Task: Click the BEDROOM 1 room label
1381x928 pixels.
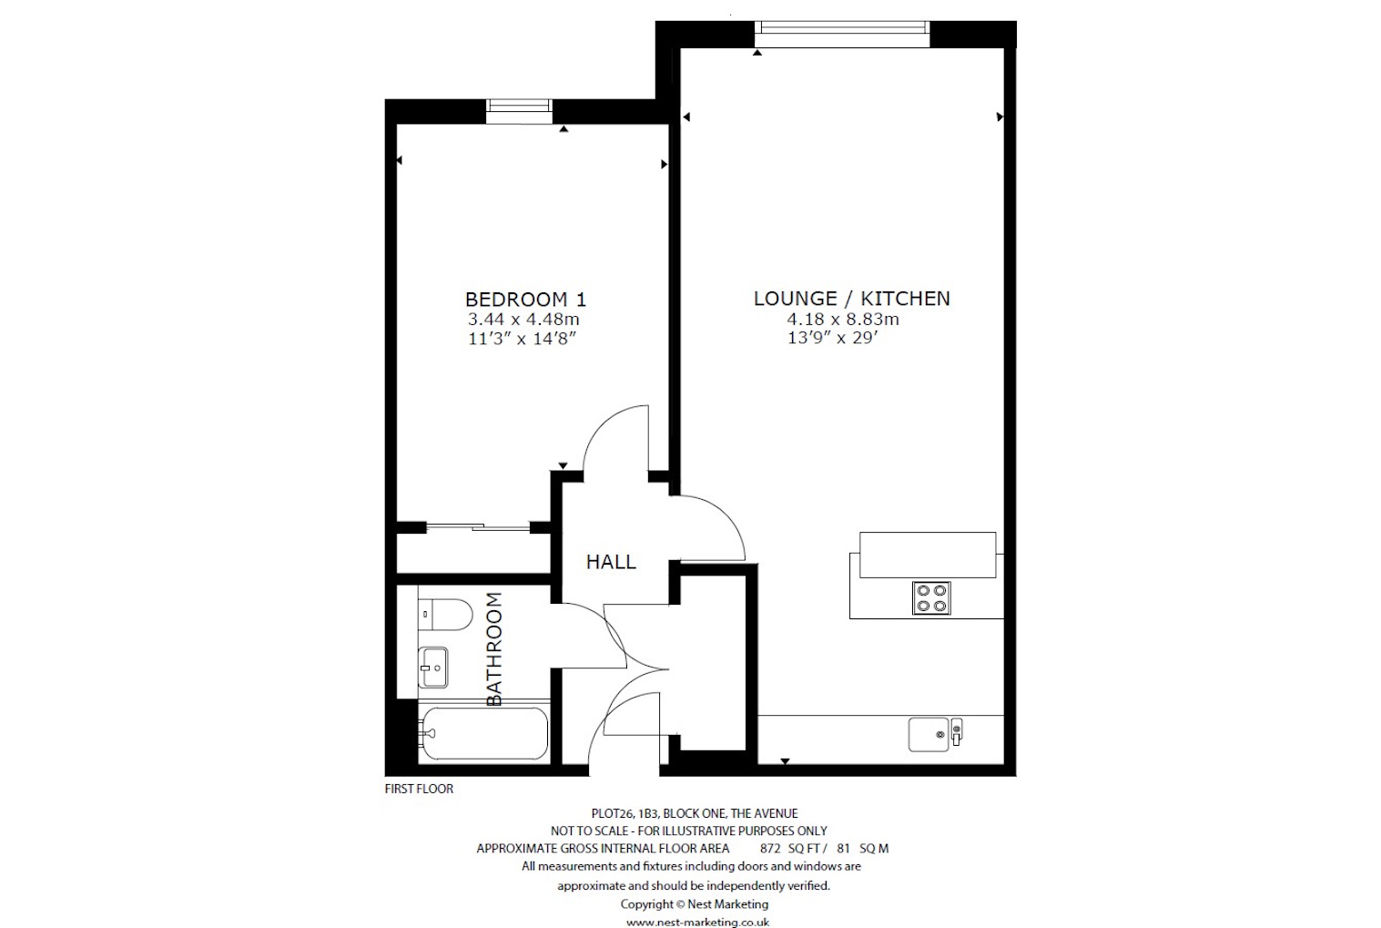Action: [x=525, y=299]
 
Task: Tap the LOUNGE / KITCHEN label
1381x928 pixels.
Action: [x=851, y=298]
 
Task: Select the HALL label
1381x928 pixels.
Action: [x=611, y=562]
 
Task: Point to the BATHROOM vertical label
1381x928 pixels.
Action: [x=494, y=648]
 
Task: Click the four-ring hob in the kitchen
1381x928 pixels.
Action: [x=931, y=598]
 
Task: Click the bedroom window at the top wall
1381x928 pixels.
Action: [x=519, y=110]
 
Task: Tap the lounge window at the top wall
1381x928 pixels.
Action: [x=842, y=33]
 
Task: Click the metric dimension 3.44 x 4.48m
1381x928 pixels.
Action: [x=523, y=320]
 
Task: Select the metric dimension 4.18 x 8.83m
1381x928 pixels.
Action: [x=843, y=319]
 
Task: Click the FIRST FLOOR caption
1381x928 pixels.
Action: [x=419, y=789]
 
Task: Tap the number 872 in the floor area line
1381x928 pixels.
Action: [x=770, y=848]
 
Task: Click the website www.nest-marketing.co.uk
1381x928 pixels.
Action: [x=697, y=922]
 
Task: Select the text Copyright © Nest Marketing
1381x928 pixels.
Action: [x=694, y=904]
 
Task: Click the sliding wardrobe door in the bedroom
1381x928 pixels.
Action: [x=478, y=526]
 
